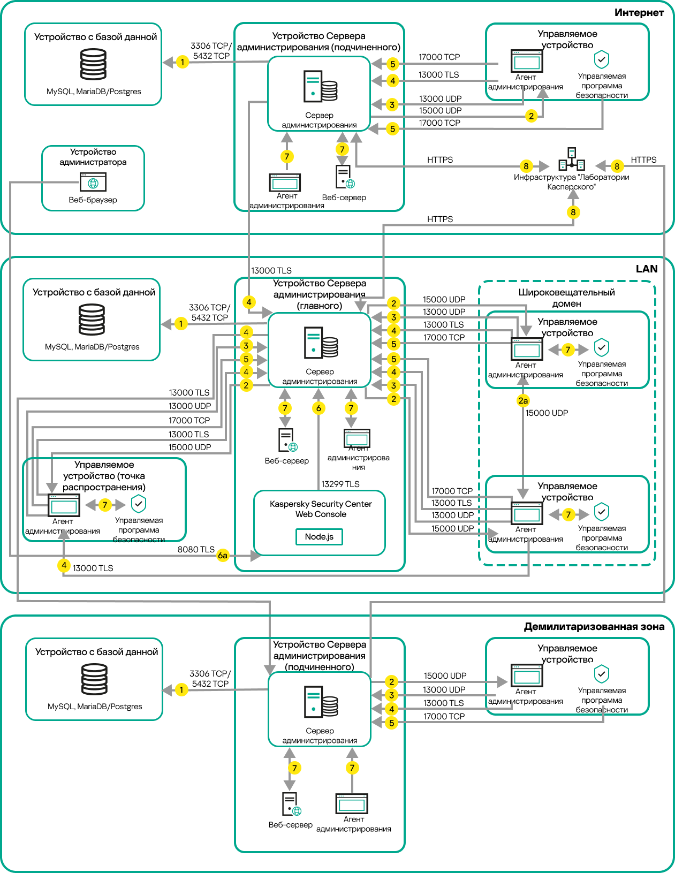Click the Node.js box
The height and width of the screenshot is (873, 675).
click(319, 536)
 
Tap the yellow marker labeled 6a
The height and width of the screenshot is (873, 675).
click(223, 556)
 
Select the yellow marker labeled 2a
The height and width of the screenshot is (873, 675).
click(523, 400)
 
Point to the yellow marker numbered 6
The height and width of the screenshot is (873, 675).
click(318, 408)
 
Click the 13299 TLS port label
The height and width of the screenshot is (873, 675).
click(340, 484)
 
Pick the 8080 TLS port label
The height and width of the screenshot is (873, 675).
click(196, 550)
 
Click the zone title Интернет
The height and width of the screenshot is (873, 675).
click(639, 13)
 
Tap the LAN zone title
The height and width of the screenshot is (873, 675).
click(646, 269)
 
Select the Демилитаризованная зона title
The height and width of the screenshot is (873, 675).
click(594, 627)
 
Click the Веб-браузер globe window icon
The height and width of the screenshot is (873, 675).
click(93, 182)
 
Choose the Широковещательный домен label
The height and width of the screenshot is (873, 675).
click(566, 298)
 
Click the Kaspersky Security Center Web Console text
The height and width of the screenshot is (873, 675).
click(321, 509)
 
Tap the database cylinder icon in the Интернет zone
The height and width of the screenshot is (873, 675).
click(93, 64)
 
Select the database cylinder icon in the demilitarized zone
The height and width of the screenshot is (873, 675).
click(94, 679)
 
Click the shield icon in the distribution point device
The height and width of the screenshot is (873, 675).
click(139, 503)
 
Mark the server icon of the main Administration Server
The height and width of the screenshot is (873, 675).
click(321, 343)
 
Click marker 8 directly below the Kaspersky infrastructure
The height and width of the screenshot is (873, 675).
click(573, 212)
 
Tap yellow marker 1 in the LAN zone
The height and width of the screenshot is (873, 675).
click(181, 323)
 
